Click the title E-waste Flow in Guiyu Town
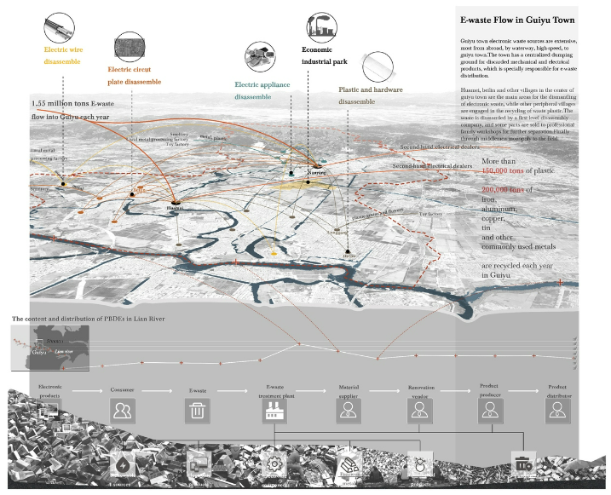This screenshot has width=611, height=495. pos(516,20)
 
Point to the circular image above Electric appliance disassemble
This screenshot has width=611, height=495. pos(257,57)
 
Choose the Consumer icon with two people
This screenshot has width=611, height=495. pos(123,412)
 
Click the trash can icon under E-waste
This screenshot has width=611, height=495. pos(197,412)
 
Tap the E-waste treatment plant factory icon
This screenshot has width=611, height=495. pos(274,412)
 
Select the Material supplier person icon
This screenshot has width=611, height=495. pos(348,412)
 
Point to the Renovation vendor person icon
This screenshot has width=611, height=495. pos(419,412)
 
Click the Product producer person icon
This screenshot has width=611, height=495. pos(489,412)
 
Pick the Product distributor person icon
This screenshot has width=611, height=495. pos(558,412)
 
